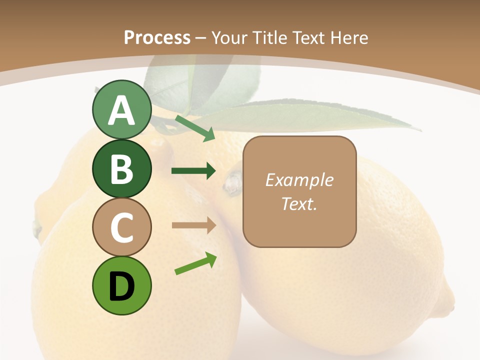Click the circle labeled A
pos(121,110)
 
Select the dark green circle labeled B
pos(121,169)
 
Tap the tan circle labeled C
pos(121,227)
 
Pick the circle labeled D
pos(121,285)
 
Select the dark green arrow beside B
pos(193,171)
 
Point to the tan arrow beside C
pos(193,225)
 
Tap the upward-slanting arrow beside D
pos(195,263)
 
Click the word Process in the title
pos(157,37)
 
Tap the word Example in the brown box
pos(299,180)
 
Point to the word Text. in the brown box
pos(299,203)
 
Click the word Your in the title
pos(229,37)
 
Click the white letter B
pos(121,169)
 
